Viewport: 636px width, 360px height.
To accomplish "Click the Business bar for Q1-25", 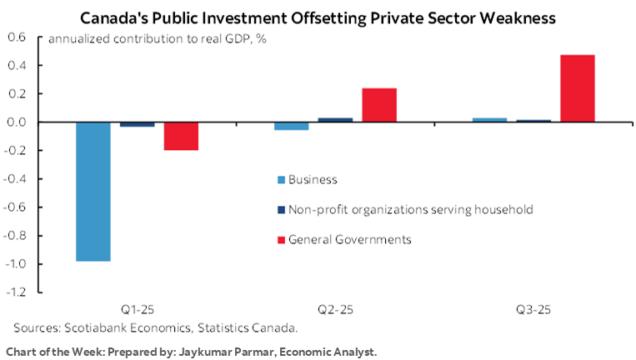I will coord(93,192).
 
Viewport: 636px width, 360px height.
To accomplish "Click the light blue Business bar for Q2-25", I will coord(292,126).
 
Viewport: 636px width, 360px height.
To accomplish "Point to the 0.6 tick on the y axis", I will coord(18,37).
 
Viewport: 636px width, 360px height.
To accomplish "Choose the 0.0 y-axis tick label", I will coord(18,122).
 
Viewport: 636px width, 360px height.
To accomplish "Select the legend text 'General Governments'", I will coord(350,240).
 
